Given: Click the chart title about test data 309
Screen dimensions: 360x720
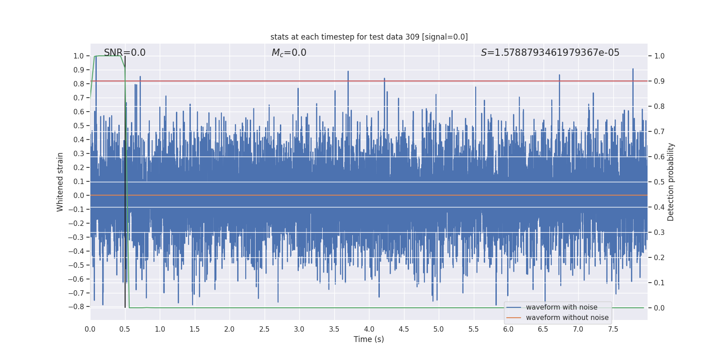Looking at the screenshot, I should click(369, 37).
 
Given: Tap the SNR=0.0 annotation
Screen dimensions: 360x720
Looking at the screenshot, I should click(125, 53).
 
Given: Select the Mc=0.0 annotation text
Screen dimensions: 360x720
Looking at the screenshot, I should click(289, 53).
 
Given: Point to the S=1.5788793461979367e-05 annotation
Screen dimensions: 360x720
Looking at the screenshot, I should click(550, 53).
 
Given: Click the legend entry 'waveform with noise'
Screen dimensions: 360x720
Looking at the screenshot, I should click(562, 307).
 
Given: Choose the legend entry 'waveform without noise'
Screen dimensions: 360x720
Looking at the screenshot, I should click(567, 318).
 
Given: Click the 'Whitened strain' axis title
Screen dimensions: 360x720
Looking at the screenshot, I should click(60, 182).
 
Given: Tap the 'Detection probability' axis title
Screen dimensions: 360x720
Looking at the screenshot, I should click(671, 182).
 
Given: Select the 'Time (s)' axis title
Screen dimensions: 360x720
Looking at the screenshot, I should click(369, 339).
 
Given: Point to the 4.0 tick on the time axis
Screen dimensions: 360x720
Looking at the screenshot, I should click(369, 329).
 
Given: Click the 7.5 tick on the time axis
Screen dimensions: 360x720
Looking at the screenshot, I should click(613, 329).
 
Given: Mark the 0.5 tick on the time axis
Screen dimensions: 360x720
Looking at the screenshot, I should click(125, 329).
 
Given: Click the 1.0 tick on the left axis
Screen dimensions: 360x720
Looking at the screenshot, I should click(79, 56).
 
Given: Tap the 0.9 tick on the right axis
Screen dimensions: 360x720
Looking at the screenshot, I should click(659, 81).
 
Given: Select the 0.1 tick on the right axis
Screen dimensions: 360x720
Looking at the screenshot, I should click(659, 283).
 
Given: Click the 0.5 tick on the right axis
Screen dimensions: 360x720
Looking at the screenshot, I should click(659, 182).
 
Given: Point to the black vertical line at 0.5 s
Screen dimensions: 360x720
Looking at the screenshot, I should click(125, 180).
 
